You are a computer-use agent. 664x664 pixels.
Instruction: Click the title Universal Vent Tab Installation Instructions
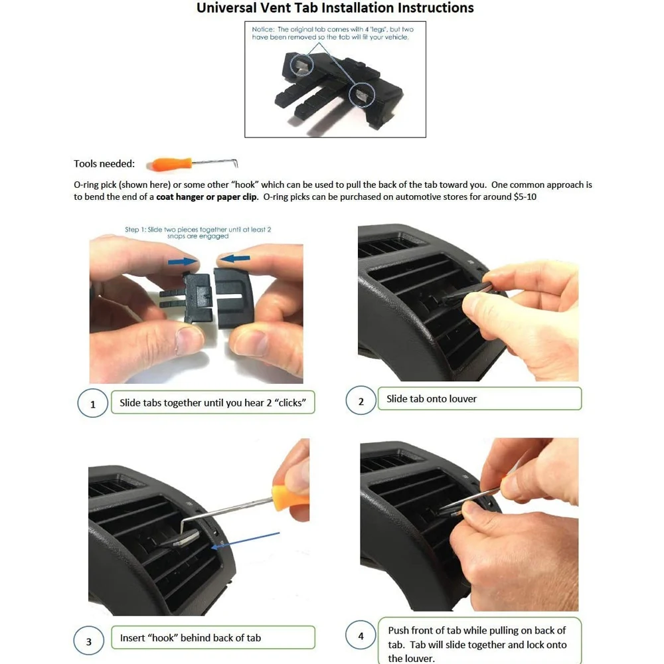[335, 9]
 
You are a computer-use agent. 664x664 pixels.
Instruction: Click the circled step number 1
[93, 404]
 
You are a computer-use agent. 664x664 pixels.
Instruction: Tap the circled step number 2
[361, 401]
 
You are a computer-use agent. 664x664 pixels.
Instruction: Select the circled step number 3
[89, 641]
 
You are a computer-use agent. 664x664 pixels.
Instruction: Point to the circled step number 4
[361, 636]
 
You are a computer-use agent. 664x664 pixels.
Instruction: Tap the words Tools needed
[104, 164]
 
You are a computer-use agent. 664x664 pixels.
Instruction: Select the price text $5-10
[525, 197]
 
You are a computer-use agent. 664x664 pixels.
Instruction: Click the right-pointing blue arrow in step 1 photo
[183, 262]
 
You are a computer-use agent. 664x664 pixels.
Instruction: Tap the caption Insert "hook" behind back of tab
[191, 638]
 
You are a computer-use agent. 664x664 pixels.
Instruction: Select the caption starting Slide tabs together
[212, 403]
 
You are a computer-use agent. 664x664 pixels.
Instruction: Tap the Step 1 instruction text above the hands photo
[198, 232]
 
